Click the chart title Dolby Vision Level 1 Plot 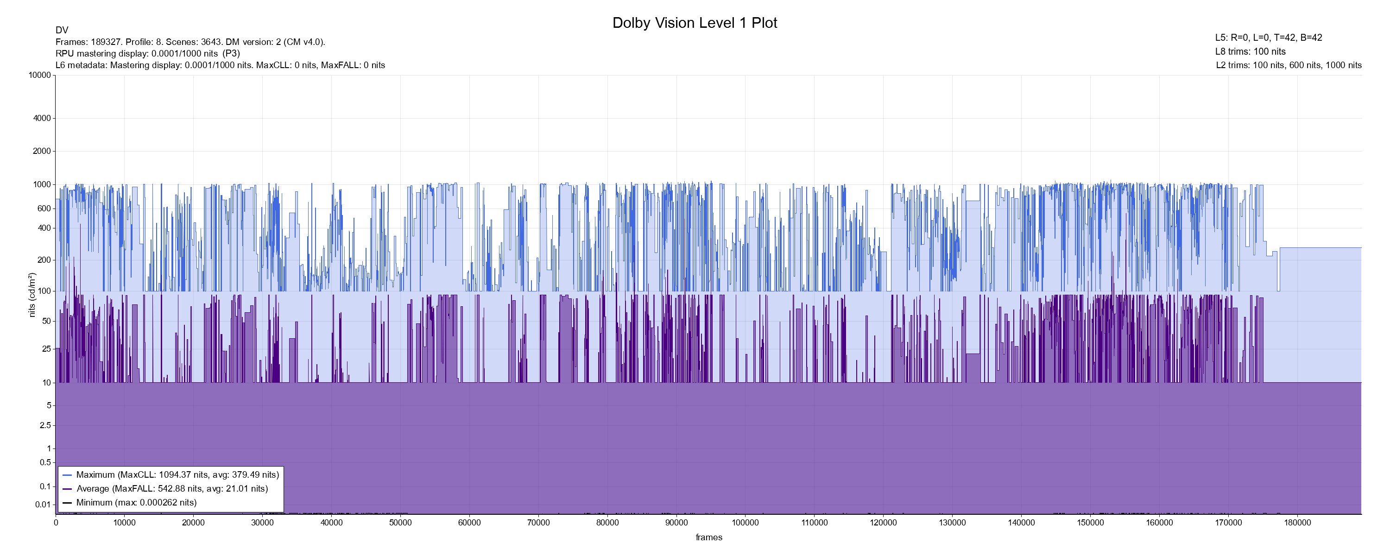click(695, 23)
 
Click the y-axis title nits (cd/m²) click(32, 295)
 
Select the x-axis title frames click(708, 537)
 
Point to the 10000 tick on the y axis click(39, 75)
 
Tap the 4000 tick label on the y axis click(42, 118)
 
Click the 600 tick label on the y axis click(44, 208)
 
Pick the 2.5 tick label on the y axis click(45, 425)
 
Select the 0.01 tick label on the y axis click(43, 505)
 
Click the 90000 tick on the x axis click(676, 523)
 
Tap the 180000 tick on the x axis click(1297, 523)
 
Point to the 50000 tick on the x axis click(400, 523)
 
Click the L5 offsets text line click(1269, 38)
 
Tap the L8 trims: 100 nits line click(1250, 51)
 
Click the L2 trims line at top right click(1289, 65)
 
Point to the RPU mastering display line click(148, 53)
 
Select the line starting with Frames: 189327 click(190, 42)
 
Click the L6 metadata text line click(220, 65)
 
